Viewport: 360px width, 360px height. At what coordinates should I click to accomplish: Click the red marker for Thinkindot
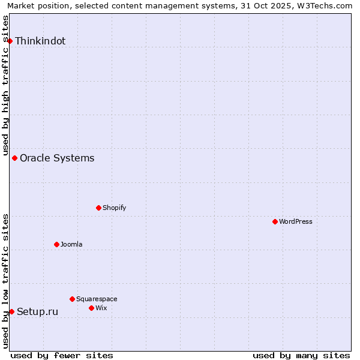(10, 41)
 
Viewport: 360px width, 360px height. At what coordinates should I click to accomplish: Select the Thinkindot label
(40, 41)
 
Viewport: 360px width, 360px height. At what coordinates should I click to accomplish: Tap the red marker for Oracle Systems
(15, 158)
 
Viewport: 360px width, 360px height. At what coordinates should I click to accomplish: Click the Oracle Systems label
(57, 158)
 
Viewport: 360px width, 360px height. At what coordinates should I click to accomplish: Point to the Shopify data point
(98, 208)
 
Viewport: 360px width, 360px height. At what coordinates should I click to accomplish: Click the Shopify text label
(115, 208)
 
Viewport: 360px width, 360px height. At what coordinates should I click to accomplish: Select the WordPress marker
(275, 221)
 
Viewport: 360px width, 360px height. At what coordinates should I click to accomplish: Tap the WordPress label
(296, 222)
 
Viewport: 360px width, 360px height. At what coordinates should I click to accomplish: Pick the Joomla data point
(56, 244)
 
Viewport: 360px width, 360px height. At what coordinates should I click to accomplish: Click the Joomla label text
(71, 245)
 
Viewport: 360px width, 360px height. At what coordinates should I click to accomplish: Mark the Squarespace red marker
(72, 299)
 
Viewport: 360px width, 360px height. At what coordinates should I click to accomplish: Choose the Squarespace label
(97, 299)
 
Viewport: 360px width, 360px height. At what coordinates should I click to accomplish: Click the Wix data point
(91, 308)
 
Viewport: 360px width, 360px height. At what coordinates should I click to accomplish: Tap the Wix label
(101, 308)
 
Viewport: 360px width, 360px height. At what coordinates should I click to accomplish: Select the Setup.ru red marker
(11, 311)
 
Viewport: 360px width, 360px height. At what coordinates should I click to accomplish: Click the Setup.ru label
(38, 312)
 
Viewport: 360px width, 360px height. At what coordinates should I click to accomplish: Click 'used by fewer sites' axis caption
(62, 355)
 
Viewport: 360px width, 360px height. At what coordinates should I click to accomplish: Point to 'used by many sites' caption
(301, 355)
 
